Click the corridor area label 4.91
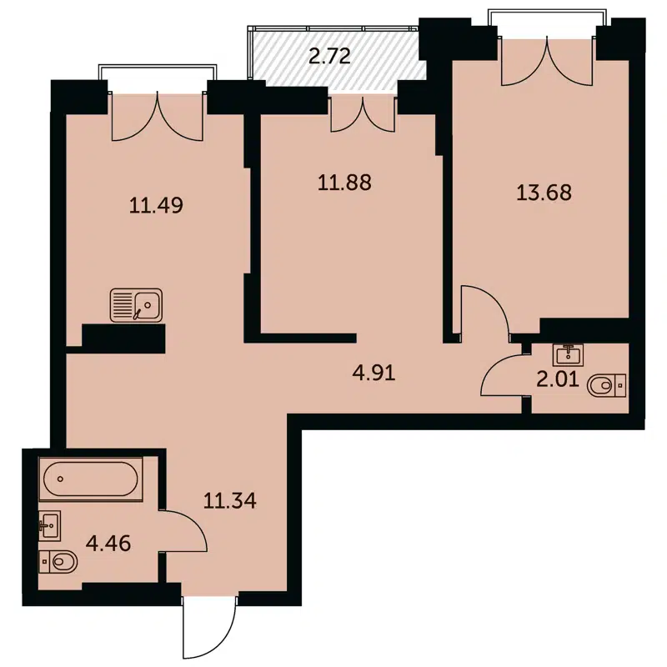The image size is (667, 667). [x=373, y=372]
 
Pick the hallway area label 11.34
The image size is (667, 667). [x=229, y=501]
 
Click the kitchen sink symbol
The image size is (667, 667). [x=137, y=305]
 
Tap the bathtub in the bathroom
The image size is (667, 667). [x=90, y=481]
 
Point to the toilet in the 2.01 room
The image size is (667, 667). [x=606, y=385]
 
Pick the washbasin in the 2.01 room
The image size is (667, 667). [x=572, y=354]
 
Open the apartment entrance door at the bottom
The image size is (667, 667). [x=210, y=627]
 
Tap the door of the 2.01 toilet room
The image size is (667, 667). [x=503, y=374]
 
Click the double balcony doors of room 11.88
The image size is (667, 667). [x=363, y=114]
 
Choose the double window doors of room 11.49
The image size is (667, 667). [x=157, y=117]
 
